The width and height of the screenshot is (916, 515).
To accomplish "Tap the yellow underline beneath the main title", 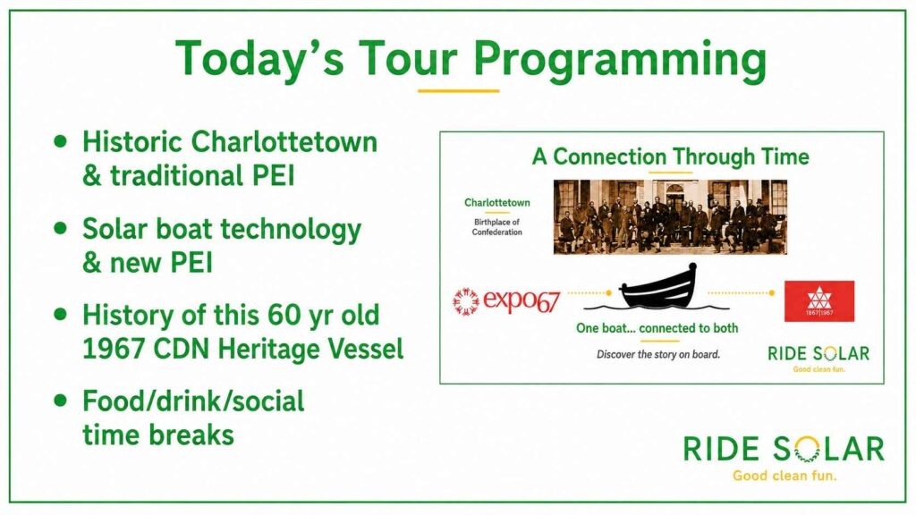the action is point(459,90).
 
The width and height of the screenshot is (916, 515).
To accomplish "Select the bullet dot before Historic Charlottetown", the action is point(60,141).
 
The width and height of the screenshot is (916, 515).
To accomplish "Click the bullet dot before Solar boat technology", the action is point(60,228).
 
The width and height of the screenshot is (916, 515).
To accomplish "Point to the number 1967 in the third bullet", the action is point(114,349).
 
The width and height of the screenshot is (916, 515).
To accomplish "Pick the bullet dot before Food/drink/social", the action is point(60,400).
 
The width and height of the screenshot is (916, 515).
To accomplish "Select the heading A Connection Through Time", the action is point(670,156).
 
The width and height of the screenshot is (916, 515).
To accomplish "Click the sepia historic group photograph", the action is point(670,217).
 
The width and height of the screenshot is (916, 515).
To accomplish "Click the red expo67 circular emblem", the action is point(465,301).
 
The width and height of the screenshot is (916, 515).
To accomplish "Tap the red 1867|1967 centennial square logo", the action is point(819,301).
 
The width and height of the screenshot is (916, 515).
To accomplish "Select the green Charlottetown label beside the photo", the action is point(497,203).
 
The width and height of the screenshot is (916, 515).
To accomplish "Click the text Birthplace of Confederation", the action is point(497,227).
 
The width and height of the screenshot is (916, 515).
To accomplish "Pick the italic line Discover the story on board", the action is point(658,354).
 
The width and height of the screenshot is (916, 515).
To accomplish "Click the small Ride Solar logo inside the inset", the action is point(818,358).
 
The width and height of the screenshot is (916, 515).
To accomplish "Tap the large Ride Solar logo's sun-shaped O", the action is point(808,450).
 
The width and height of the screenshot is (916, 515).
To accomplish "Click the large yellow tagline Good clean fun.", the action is point(785,476).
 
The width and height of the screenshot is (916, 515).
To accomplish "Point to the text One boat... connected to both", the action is point(657,328).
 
